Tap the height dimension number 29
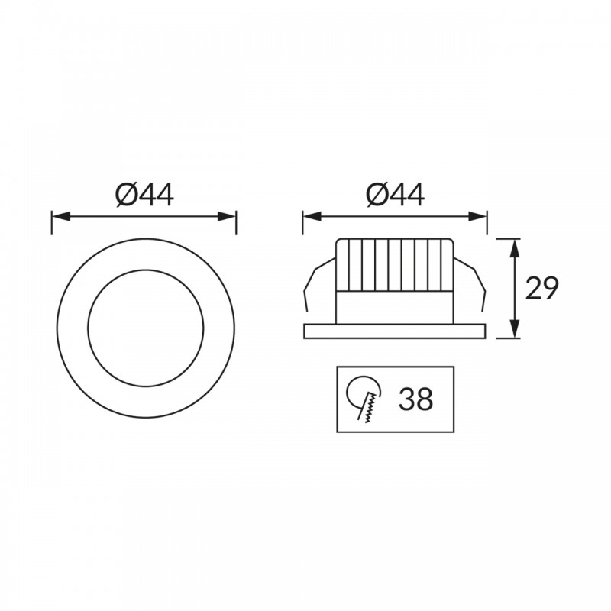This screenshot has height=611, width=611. tap(541, 289)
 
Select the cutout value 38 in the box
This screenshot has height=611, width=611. tap(415, 399)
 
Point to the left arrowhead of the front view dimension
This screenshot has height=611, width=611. tap(61, 217)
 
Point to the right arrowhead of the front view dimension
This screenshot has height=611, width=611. tap(227, 217)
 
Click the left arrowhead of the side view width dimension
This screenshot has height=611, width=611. tap(312, 217)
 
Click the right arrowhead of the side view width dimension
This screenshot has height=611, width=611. tap(477, 217)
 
